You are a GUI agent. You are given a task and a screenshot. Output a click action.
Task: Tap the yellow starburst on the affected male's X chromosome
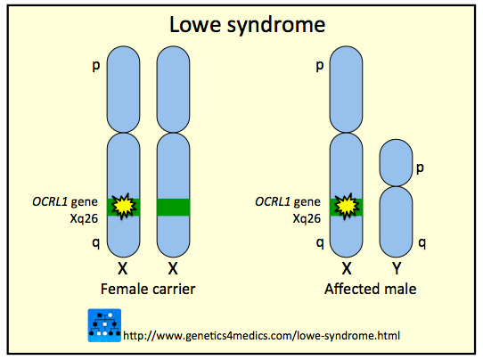pyautogui.click(x=344, y=207)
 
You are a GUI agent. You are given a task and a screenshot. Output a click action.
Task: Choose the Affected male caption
pyautogui.click(x=370, y=290)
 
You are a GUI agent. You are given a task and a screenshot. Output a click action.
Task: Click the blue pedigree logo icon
pyautogui.click(x=104, y=325)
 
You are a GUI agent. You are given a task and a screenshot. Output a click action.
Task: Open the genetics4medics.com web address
pyautogui.click(x=261, y=336)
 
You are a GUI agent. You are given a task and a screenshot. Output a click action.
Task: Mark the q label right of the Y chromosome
pyautogui.click(x=423, y=241)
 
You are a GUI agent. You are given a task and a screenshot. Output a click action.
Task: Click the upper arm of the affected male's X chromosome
pyautogui.click(x=344, y=89)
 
